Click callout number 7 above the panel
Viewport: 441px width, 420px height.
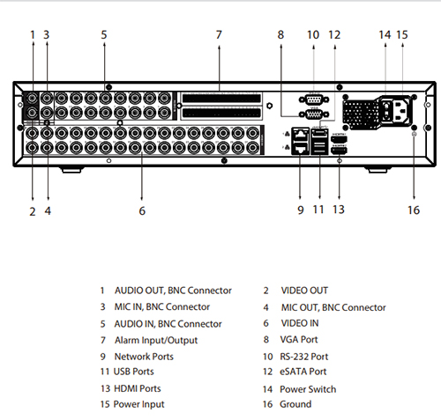[x=219, y=35]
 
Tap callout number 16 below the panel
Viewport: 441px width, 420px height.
[x=414, y=210]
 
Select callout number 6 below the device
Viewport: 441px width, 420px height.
[x=142, y=210]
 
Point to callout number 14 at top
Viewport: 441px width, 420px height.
[x=385, y=35]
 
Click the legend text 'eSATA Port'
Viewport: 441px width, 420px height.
[x=303, y=372]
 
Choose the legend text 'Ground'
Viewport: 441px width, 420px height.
[x=295, y=404]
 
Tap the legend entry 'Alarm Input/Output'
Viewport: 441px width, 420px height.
[x=156, y=341]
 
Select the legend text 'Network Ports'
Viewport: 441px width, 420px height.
[x=144, y=357]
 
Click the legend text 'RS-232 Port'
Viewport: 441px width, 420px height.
[x=304, y=357]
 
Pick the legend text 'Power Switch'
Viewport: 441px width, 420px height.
[x=308, y=389]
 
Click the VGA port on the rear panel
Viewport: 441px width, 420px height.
[x=314, y=114]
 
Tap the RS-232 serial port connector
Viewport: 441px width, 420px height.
[x=314, y=99]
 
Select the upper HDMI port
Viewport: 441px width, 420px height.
[x=339, y=139]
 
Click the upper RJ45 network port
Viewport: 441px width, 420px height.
[x=300, y=134]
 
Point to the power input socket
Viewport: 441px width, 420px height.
[x=401, y=111]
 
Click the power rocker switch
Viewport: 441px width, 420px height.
[x=387, y=111]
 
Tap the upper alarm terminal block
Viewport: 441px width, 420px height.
[x=221, y=99]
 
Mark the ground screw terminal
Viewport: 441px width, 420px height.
[x=414, y=134]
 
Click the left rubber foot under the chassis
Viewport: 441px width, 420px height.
[x=71, y=170]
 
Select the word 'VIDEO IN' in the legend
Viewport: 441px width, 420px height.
[x=300, y=323]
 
